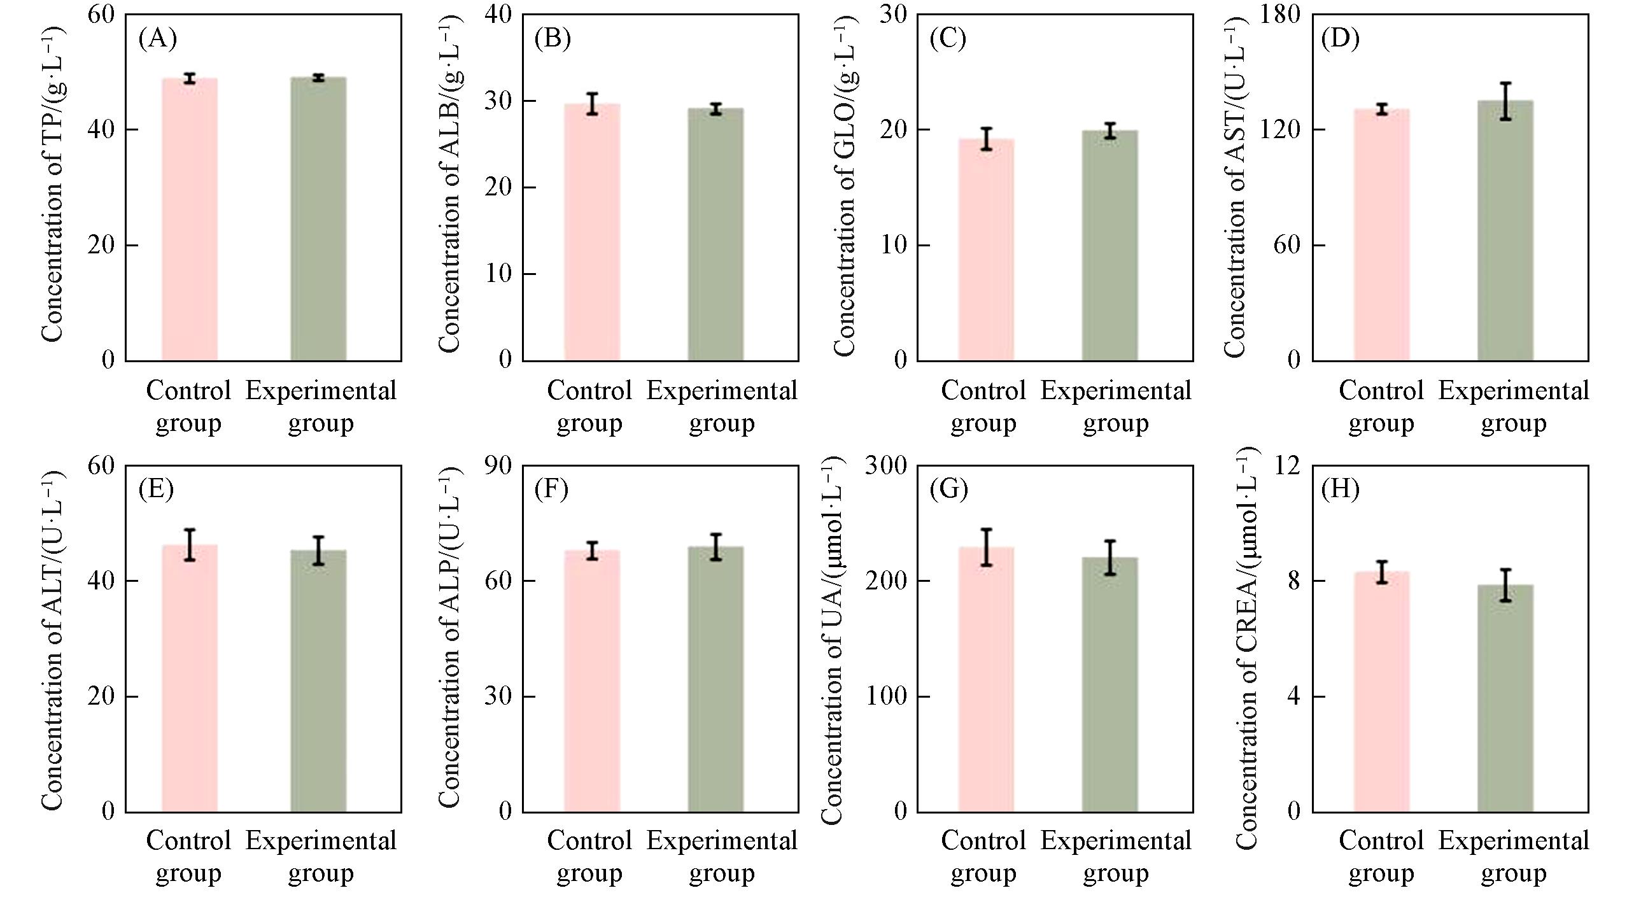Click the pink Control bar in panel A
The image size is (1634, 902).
(190, 220)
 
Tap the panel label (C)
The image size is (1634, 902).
(948, 39)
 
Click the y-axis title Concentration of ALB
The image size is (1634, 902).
(449, 185)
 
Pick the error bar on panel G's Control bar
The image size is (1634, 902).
(986, 547)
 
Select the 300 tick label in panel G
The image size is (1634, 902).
(885, 465)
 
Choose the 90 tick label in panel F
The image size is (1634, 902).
(498, 465)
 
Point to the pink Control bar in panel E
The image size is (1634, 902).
(190, 679)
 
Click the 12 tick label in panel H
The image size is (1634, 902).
(1288, 465)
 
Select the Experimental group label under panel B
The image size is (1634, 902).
(722, 406)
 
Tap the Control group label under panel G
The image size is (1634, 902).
(983, 856)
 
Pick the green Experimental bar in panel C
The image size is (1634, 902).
(1109, 246)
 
